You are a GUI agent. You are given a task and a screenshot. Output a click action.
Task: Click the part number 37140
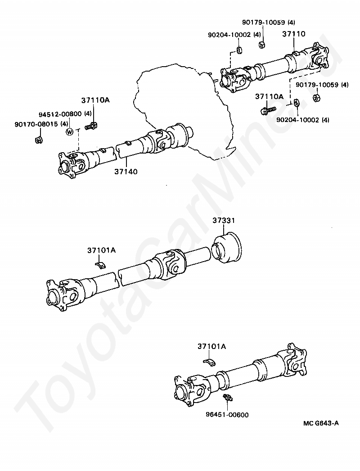click(x=126, y=172)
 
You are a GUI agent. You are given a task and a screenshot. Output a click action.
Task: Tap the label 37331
click(x=224, y=221)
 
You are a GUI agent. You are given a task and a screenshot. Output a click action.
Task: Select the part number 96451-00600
click(x=227, y=415)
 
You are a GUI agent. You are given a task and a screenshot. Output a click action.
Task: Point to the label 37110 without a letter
click(x=294, y=34)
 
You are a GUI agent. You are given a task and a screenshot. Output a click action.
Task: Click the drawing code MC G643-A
click(x=321, y=423)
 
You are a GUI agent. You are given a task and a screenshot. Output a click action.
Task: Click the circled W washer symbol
click(x=69, y=132)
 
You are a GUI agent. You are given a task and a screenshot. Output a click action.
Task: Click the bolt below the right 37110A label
click(x=268, y=110)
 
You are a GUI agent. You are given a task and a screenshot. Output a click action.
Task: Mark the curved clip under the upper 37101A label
click(x=101, y=264)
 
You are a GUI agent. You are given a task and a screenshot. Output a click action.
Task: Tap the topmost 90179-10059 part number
click(x=264, y=22)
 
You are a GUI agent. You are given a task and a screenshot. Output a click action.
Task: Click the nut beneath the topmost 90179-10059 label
click(x=262, y=45)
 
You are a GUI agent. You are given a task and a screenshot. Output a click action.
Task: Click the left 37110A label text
click(x=95, y=100)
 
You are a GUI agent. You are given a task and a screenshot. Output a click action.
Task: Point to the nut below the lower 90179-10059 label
click(x=316, y=98)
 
